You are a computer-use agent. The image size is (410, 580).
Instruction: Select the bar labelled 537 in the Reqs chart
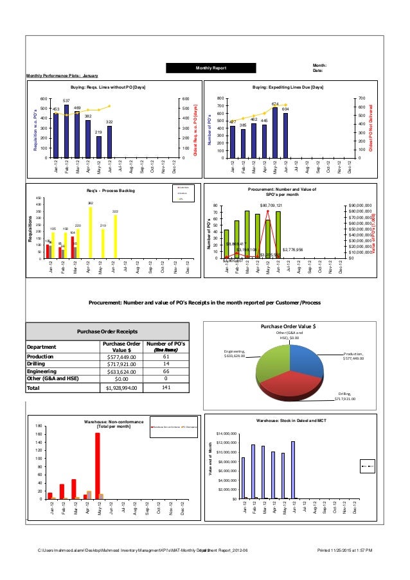point(66,132)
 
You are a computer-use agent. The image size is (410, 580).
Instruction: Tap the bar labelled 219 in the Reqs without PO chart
point(98,147)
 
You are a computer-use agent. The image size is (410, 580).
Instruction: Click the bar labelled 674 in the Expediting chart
point(275,133)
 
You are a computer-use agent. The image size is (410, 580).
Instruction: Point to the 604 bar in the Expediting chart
point(285,136)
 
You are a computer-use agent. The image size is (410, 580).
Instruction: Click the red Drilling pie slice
point(292,381)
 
